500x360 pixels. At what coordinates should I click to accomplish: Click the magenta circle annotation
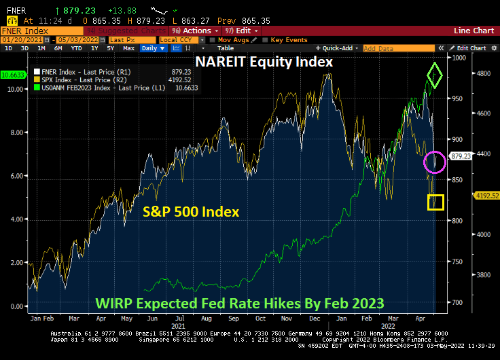click(x=435, y=162)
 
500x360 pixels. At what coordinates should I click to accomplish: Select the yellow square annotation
click(x=435, y=202)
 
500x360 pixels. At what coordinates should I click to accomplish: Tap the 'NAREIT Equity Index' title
click(x=264, y=62)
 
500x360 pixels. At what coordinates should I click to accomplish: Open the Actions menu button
click(x=195, y=31)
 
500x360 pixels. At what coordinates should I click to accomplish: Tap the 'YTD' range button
click(x=77, y=48)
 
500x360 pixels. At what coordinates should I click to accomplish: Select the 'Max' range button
click(x=128, y=48)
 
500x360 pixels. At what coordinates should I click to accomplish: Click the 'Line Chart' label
click(x=474, y=31)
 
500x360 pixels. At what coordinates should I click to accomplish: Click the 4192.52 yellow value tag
click(x=465, y=195)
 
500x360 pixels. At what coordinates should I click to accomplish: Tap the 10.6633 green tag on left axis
click(x=13, y=74)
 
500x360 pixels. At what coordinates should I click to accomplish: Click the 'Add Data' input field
click(x=387, y=48)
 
